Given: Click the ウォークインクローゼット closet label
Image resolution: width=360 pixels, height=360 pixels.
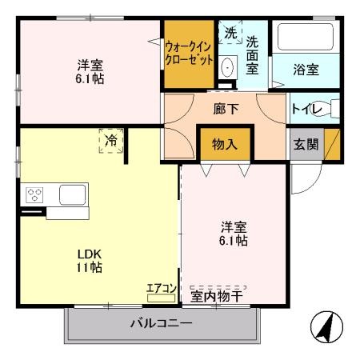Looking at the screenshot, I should [190, 52].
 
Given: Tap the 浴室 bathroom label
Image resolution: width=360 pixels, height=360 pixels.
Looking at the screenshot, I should [306, 70].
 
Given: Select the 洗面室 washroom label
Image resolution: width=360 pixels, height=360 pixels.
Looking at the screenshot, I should [252, 55].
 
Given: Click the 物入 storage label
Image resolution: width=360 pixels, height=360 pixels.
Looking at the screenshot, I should [224, 145].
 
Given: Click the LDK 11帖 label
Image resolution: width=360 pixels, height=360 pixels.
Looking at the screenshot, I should [89, 261].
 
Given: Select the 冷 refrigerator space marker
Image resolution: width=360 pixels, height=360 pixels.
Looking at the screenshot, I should [111, 142].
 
